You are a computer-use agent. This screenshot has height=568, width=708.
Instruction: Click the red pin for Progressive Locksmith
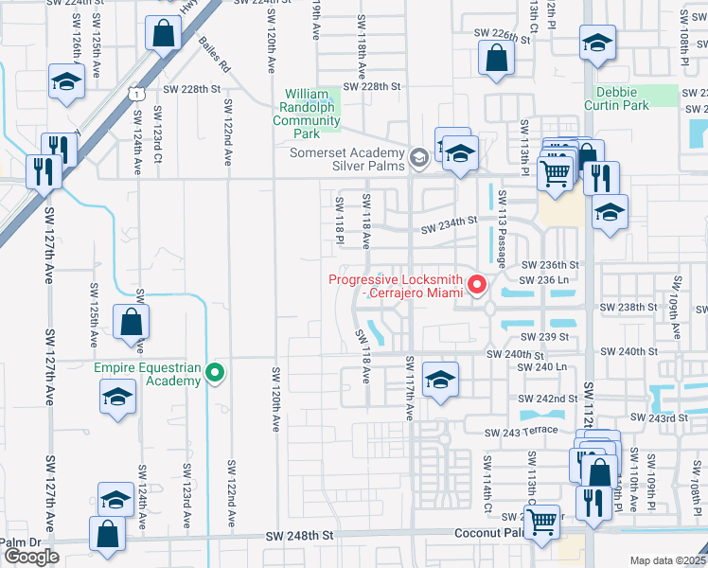478,284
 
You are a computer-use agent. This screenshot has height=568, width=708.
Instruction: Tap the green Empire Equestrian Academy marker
215,373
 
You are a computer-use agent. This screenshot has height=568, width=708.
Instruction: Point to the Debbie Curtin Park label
622,98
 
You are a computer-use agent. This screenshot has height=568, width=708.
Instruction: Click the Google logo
31,557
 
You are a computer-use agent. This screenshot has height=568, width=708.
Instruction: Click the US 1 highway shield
139,93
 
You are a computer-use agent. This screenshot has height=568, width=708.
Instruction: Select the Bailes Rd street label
215,55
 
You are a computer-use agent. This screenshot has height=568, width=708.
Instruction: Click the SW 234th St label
449,224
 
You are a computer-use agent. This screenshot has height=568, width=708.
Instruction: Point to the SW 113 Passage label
503,226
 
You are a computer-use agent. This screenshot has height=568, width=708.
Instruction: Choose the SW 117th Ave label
411,388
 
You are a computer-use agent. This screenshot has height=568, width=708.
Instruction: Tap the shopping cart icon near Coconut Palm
540,521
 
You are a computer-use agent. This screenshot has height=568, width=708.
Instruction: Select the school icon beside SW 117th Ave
440,379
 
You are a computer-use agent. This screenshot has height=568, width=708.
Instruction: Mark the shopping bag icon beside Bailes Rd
164,33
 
